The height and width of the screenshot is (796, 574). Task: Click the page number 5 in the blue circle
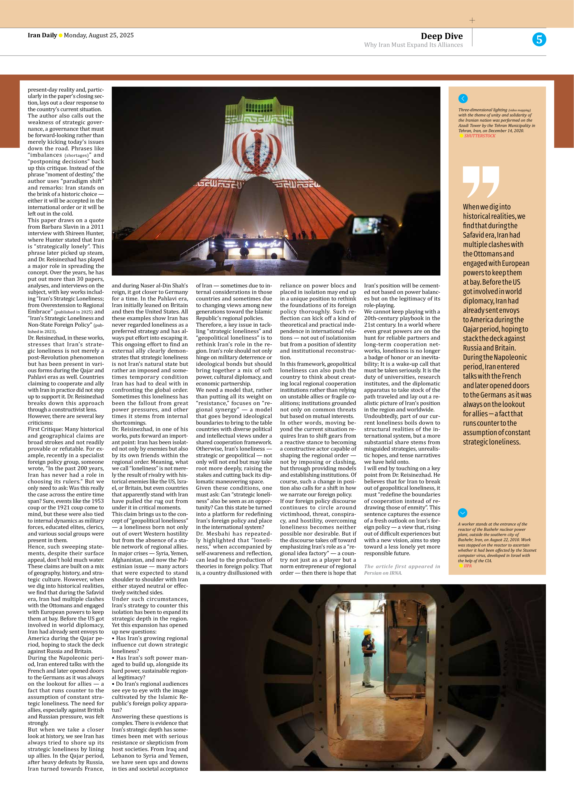tap(539, 39)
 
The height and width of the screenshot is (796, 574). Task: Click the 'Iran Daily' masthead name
tap(42, 35)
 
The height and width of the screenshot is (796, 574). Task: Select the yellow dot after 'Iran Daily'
tap(60, 35)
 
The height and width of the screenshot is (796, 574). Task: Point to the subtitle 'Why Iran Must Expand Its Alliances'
tap(413, 45)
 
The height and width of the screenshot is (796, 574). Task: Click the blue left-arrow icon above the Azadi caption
tap(463, 99)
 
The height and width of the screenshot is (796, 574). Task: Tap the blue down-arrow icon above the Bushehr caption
tap(462, 513)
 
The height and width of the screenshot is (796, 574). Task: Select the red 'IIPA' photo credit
tap(468, 566)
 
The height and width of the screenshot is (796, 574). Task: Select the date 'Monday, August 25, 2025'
tap(99, 35)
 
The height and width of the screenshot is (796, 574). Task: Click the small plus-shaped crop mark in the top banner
tap(472, 20)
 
